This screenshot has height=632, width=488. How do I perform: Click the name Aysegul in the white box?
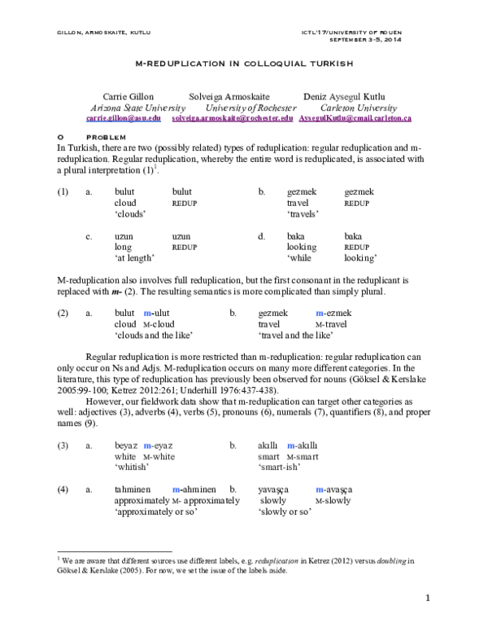345,96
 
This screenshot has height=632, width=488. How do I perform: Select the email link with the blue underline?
124,119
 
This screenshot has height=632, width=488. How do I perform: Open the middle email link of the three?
232,119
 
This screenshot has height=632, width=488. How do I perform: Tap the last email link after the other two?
355,119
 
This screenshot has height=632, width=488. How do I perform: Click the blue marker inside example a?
147,445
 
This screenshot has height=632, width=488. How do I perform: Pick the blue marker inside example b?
290,445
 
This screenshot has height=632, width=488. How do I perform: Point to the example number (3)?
63,445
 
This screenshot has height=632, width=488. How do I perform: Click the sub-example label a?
89,445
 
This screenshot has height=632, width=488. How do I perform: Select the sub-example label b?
233,445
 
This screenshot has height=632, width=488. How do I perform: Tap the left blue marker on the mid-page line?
147,314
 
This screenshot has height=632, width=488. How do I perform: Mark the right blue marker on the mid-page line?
320,314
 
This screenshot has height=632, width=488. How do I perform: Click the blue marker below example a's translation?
176,489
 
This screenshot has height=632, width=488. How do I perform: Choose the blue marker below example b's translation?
320,489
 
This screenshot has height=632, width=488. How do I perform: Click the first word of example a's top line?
127,445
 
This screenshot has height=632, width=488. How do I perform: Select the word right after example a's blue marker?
163,445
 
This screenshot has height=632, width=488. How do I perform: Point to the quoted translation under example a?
132,467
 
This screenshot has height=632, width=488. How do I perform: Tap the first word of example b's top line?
266,445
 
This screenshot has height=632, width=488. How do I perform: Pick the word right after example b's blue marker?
306,445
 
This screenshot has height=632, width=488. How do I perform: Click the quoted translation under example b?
280,467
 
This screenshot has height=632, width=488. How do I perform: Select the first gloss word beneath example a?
125,457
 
